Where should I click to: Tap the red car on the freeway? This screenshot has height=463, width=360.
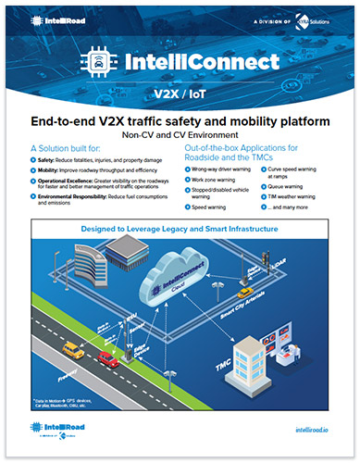click(x=106, y=357)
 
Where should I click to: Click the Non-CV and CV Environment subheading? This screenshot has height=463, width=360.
click(x=179, y=133)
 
